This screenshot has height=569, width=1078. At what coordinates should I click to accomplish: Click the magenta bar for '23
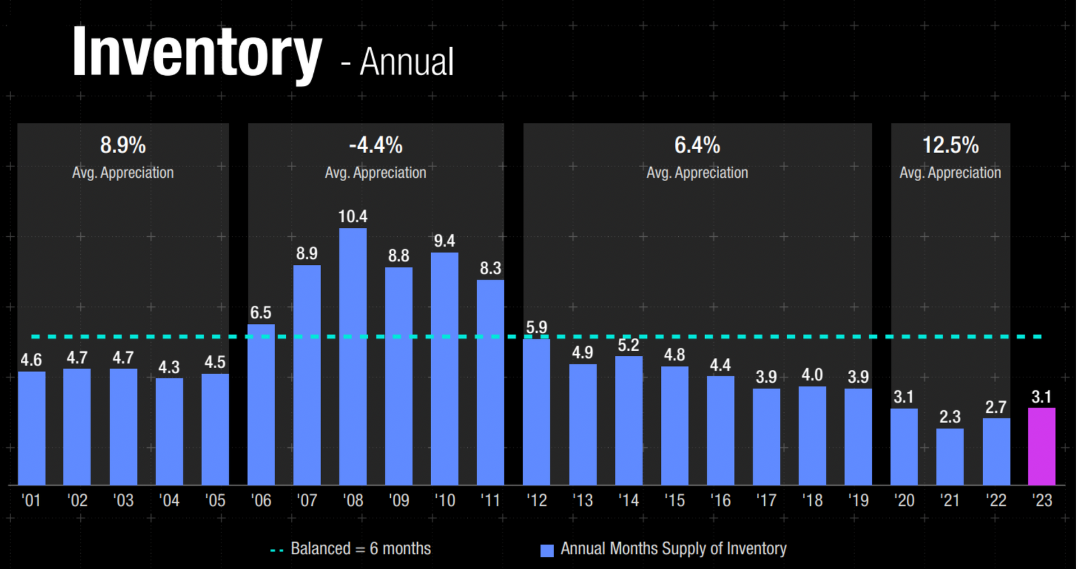coord(1042,446)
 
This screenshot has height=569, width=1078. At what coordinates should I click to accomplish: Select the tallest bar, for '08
coord(353,356)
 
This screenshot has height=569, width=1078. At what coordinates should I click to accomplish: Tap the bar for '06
coord(261,404)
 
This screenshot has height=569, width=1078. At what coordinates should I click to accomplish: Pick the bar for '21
coord(950,456)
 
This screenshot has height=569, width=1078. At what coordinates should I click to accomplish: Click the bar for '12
coord(536,411)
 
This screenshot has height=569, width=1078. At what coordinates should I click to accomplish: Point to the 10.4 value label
coord(353,217)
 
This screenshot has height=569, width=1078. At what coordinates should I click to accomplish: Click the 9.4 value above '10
coord(444,241)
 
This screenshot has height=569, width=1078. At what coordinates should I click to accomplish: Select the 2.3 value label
coord(950,417)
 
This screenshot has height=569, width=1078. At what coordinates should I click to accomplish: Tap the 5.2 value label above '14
coord(628,345)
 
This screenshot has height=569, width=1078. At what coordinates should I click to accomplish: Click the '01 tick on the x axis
coord(31,500)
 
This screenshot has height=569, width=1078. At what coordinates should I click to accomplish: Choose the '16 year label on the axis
coord(720,500)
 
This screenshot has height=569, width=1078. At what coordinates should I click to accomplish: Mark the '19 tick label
coord(858,500)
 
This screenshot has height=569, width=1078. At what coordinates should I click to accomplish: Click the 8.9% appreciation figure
coord(123,145)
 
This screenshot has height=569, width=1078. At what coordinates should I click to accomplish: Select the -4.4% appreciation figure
coord(376,145)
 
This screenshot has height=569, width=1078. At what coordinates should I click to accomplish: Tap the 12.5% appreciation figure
coord(951,145)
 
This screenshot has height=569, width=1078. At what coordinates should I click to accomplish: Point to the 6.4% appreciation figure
coord(697,145)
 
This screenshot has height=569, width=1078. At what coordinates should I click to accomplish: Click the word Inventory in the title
coord(197,53)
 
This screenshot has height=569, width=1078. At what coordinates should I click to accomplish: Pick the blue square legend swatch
coord(547,550)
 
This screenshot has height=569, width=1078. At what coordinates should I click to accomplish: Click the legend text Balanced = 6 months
coord(360,549)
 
